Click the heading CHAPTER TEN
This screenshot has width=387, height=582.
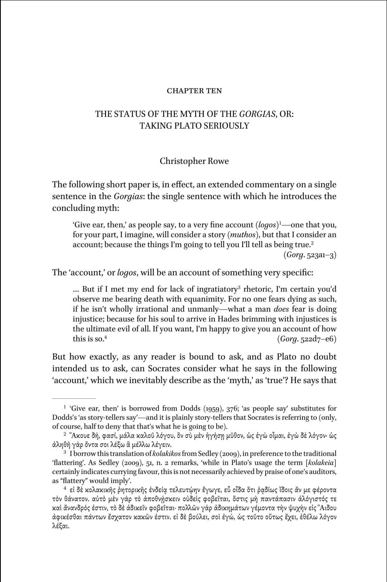[x=194, y=91]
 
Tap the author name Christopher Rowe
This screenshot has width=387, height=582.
[x=194, y=161]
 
